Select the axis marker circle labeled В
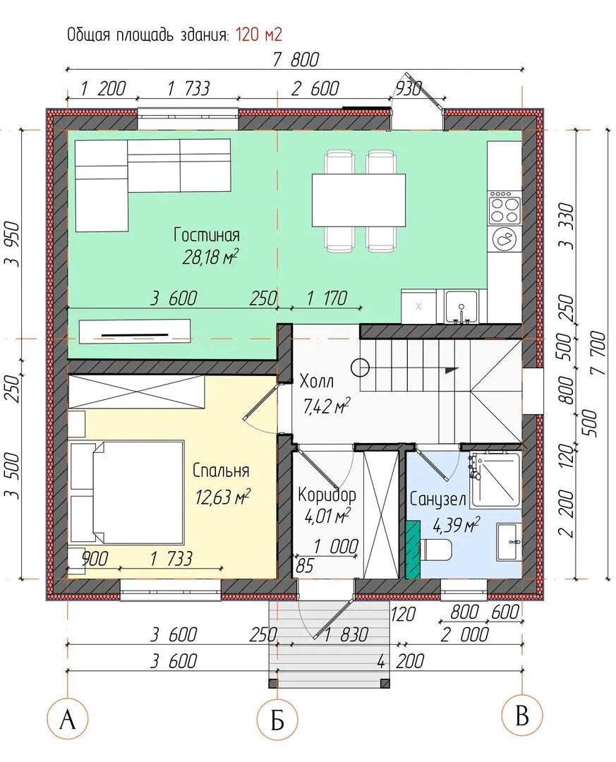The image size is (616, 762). click(x=522, y=716)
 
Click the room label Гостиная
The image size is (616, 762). click(x=207, y=235)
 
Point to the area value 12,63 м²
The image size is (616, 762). click(x=223, y=497)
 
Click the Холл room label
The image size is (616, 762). click(x=317, y=382)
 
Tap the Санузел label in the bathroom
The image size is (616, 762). click(x=437, y=499)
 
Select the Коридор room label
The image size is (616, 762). click(x=327, y=495)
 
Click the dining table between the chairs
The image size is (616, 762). click(x=359, y=200)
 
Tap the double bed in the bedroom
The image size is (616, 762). click(x=126, y=492)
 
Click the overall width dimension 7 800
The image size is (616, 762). click(x=296, y=59)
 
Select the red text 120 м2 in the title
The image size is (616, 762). click(x=259, y=35)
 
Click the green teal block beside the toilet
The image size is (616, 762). click(x=413, y=549)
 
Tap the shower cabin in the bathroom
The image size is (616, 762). click(x=495, y=478)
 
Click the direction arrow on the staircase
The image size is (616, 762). click(x=452, y=369)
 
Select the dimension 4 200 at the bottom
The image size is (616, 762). click(x=401, y=661)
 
